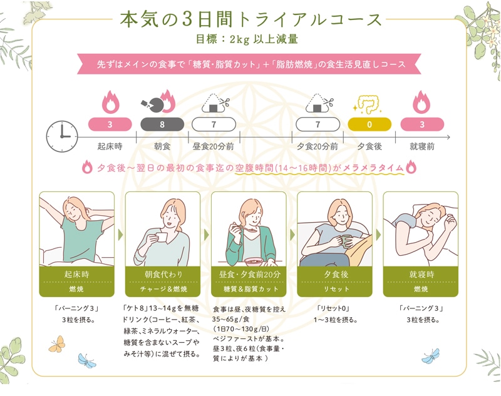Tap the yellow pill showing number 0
coord(369,124)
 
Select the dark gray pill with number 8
coord(162,124)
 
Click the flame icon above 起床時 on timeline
coord(110,102)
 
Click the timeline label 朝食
coord(162,146)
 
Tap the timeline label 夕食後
coord(369,146)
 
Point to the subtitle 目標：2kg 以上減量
coord(250,39)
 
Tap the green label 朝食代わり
coord(162,274)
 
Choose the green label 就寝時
coord(420,274)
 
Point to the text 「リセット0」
coord(333,308)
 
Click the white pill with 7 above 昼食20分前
coord(214,124)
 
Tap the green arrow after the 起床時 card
coord(120,235)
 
